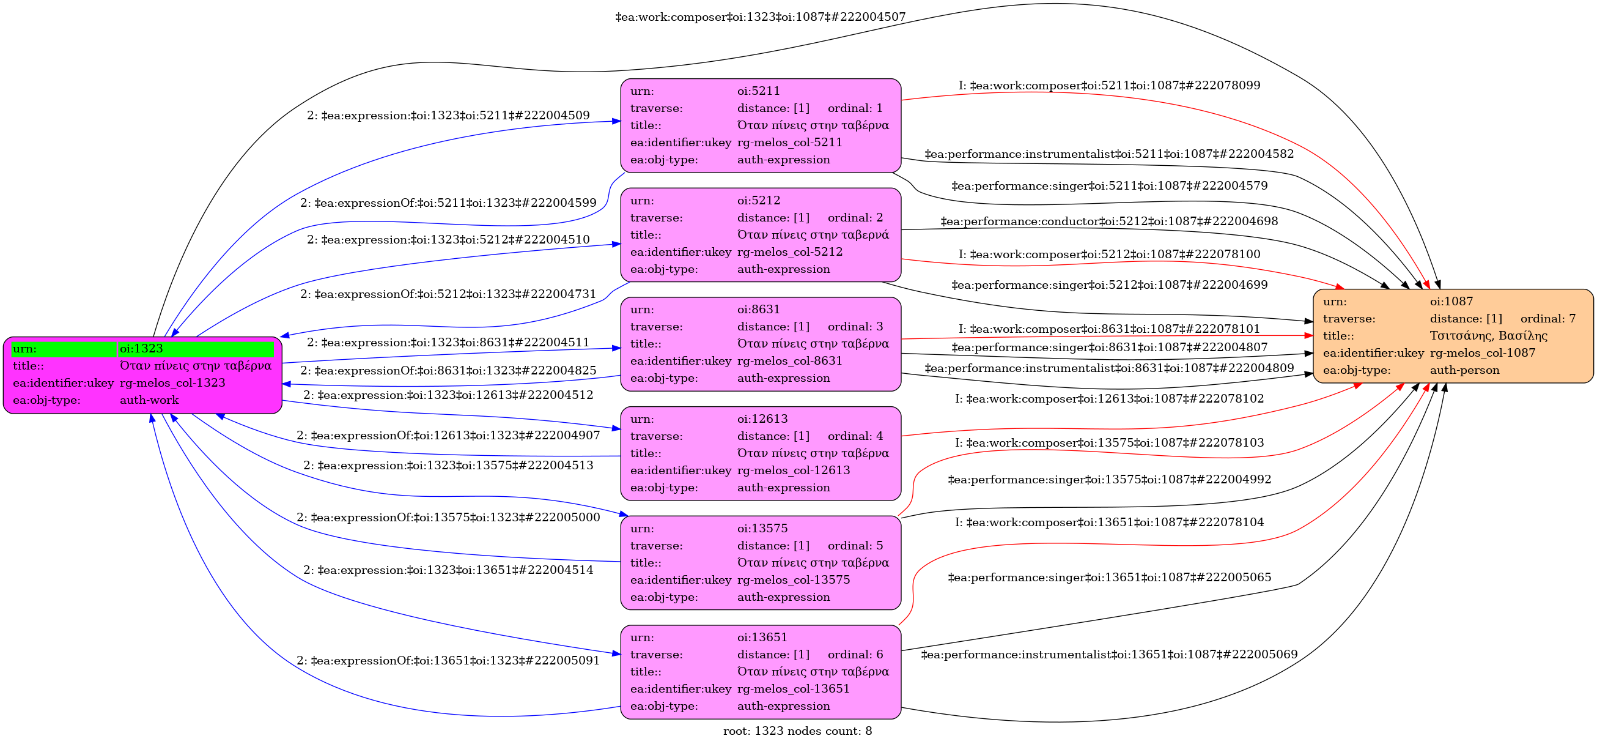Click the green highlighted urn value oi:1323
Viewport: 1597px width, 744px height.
(141, 349)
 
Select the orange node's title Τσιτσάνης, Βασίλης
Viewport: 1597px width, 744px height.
(1489, 336)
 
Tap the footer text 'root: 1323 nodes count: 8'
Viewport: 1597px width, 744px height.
(797, 731)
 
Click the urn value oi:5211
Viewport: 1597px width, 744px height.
(758, 91)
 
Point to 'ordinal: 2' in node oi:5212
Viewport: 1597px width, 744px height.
(855, 218)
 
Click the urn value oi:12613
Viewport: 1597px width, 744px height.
(762, 419)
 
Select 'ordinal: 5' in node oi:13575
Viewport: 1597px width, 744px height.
(855, 545)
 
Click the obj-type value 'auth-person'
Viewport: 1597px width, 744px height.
(1464, 370)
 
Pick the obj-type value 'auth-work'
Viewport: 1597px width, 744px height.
(149, 400)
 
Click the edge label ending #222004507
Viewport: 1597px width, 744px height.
(760, 17)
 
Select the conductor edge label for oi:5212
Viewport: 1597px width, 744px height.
(1109, 221)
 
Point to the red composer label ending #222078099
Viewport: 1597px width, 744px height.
(1109, 85)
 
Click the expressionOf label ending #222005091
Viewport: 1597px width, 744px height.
(448, 660)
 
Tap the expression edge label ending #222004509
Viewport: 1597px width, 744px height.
(448, 116)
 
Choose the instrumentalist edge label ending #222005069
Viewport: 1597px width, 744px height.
(1109, 654)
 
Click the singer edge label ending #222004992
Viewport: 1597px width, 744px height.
(1109, 479)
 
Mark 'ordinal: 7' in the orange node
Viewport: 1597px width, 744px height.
(1547, 318)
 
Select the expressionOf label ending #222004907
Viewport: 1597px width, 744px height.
(448, 436)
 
